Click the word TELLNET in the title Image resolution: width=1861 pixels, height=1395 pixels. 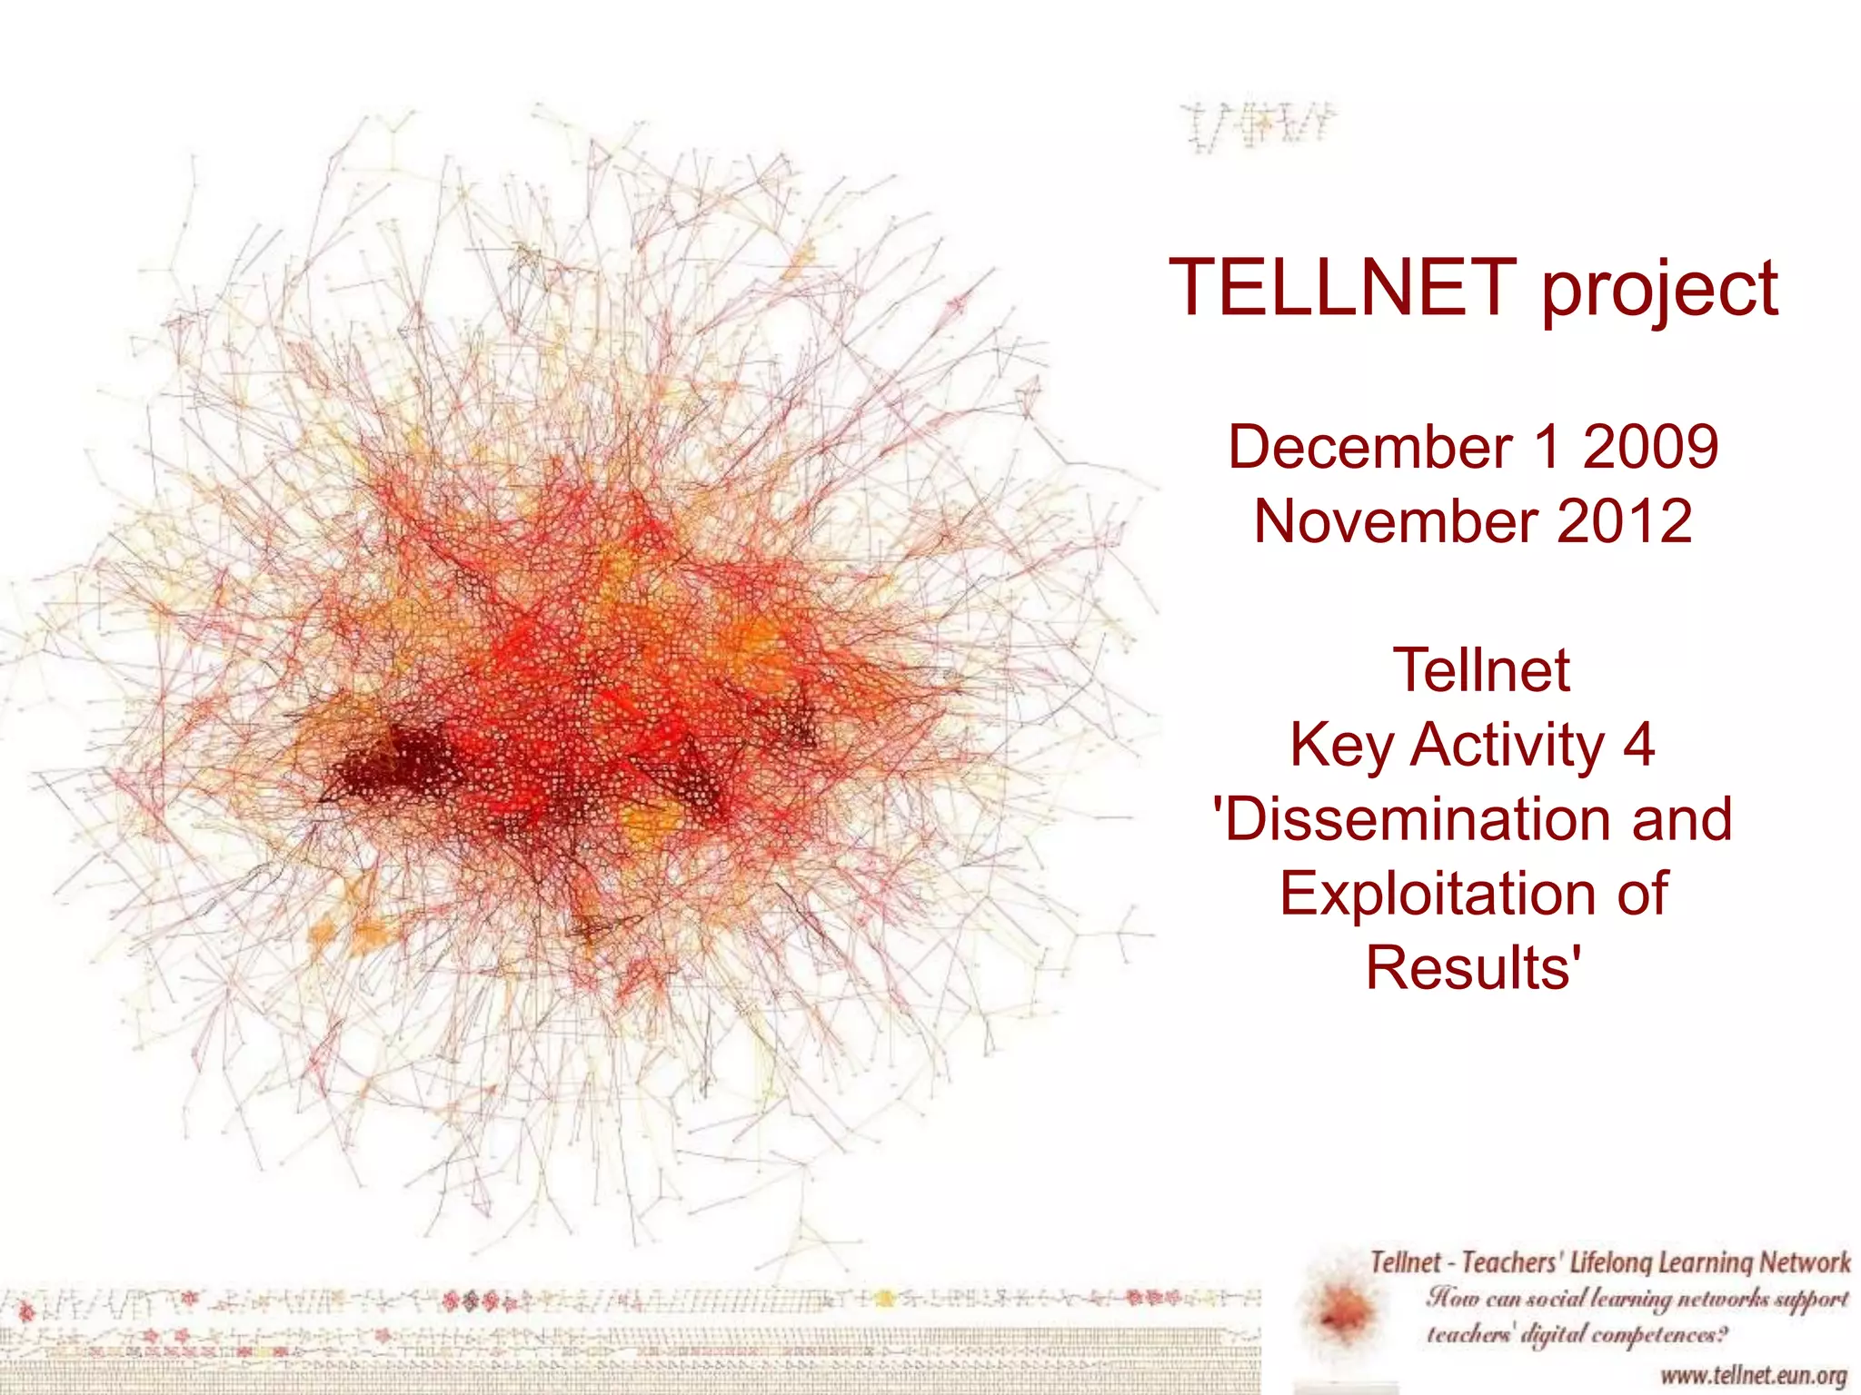[x=1344, y=287]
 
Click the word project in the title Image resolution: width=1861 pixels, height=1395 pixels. [x=1660, y=291]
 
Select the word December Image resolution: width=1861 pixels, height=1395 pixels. [x=1369, y=448]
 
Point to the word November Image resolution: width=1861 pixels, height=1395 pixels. [x=1394, y=522]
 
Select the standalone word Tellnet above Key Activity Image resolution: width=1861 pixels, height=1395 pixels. [x=1480, y=671]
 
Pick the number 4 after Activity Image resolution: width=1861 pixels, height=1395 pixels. [x=1637, y=745]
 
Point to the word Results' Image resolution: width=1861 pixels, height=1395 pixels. [x=1473, y=967]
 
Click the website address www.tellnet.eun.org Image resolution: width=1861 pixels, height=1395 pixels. [x=1753, y=1375]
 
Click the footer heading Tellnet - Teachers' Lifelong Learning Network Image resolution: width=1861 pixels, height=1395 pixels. [x=1609, y=1262]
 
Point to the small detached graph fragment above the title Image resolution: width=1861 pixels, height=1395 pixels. [x=1259, y=127]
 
